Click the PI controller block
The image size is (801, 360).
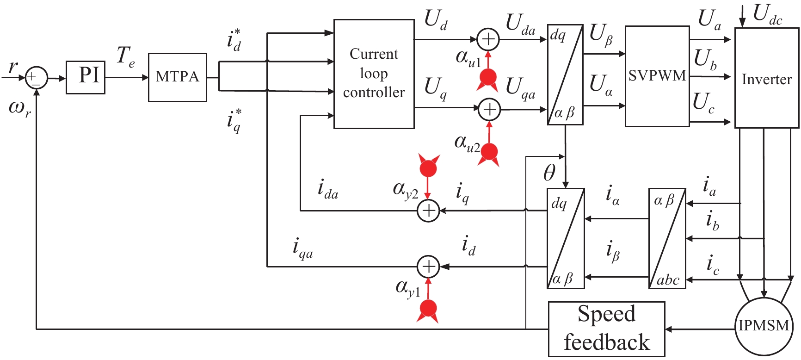[86, 77]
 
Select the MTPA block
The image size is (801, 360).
[177, 77]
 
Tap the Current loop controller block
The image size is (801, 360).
[374, 74]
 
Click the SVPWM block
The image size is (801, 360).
[657, 76]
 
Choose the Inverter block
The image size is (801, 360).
[766, 78]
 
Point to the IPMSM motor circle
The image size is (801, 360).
[764, 326]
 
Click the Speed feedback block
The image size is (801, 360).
[606, 329]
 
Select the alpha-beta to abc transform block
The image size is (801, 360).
[667, 238]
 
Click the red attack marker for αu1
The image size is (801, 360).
[488, 78]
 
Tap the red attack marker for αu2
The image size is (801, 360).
[489, 152]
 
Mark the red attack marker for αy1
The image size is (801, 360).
[428, 309]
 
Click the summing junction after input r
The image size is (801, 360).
[36, 77]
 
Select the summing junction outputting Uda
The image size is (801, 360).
[488, 39]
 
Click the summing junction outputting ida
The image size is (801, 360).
[428, 211]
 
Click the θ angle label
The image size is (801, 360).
[549, 173]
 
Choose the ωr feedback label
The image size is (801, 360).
[20, 109]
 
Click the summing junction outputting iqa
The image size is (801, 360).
[428, 267]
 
